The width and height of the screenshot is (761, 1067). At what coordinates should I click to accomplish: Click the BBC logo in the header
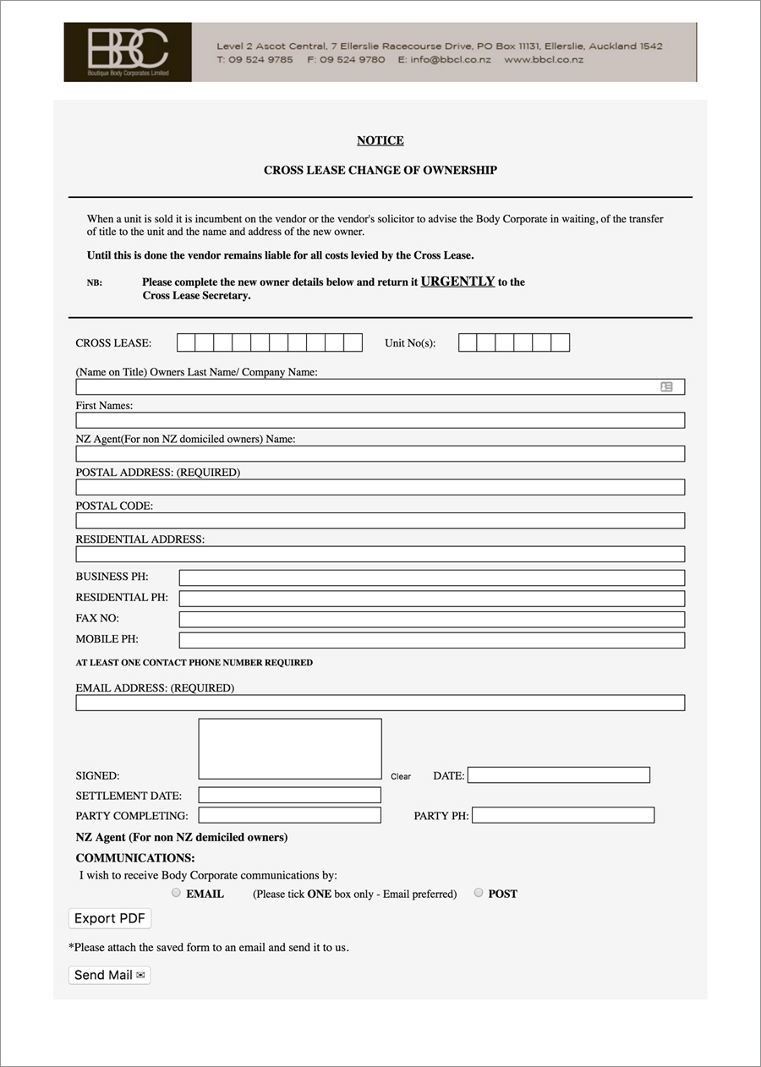pyautogui.click(x=128, y=52)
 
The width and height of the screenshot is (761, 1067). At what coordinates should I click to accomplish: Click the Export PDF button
pyautogui.click(x=110, y=918)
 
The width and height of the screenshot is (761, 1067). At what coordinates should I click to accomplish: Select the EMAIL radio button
pyautogui.click(x=176, y=893)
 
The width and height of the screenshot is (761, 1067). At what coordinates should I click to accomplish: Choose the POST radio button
pyautogui.click(x=479, y=893)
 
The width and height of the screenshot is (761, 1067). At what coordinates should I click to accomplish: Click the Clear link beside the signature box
pyautogui.click(x=401, y=776)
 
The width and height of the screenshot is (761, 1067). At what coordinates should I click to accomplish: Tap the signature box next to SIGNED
pyautogui.click(x=290, y=748)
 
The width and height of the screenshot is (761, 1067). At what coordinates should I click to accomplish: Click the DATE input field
pyautogui.click(x=558, y=775)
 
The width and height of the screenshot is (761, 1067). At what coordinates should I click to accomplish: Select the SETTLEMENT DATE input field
pyautogui.click(x=290, y=796)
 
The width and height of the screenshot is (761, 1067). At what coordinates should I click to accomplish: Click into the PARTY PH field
pyautogui.click(x=563, y=816)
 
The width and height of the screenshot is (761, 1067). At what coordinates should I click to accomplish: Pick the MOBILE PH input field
pyautogui.click(x=431, y=640)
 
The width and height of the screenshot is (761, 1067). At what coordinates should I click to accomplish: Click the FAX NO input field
pyautogui.click(x=431, y=619)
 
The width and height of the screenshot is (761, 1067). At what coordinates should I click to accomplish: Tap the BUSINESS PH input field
pyautogui.click(x=431, y=577)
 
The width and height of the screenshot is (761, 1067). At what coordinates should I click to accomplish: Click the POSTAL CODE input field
pyautogui.click(x=380, y=521)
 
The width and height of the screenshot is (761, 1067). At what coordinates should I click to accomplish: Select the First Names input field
pyautogui.click(x=380, y=420)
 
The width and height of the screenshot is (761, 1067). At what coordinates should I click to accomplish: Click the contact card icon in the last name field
pyautogui.click(x=666, y=386)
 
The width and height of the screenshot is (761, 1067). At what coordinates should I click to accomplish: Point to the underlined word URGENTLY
pyautogui.click(x=457, y=282)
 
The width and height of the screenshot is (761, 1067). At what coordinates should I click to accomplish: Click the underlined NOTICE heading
pyautogui.click(x=380, y=140)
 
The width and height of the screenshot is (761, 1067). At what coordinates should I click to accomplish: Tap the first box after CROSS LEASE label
pyautogui.click(x=186, y=342)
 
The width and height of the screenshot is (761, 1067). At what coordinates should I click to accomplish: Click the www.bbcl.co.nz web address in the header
pyautogui.click(x=544, y=60)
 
